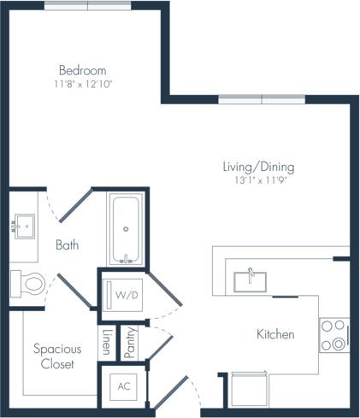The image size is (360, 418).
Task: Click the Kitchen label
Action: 275,334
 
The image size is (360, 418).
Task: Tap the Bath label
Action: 67,245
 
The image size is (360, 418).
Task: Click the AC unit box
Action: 124,386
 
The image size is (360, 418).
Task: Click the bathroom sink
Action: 24,227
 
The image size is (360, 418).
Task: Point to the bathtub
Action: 127,229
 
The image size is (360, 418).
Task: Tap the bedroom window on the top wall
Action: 88,5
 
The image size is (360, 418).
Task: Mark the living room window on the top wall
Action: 261,99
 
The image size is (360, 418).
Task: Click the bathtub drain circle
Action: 127,229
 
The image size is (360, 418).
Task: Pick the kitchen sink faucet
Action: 250,273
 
